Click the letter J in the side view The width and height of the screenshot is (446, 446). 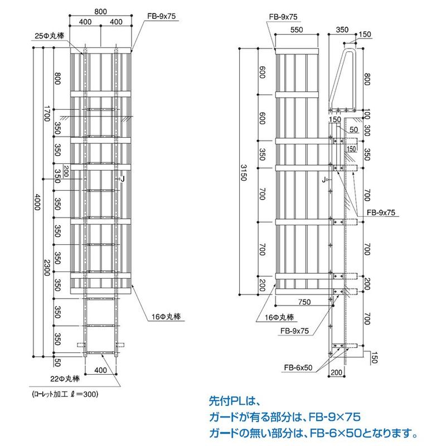point(323,180)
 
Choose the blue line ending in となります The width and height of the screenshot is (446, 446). point(312,432)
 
